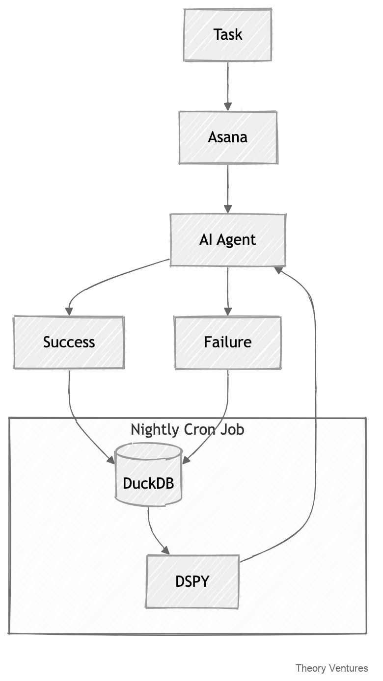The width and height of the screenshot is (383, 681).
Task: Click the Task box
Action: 227,35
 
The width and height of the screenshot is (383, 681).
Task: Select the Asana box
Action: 228,137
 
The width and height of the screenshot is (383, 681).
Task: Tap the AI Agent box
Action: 227,240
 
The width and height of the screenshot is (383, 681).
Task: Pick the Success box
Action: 69,342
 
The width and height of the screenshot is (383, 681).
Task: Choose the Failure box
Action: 228,342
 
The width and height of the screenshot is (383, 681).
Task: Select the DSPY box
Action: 192,581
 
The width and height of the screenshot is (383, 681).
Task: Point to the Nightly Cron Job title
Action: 187,430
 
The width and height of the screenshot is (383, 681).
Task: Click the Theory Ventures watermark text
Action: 331,668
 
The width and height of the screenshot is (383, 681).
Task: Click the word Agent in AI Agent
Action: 237,240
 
